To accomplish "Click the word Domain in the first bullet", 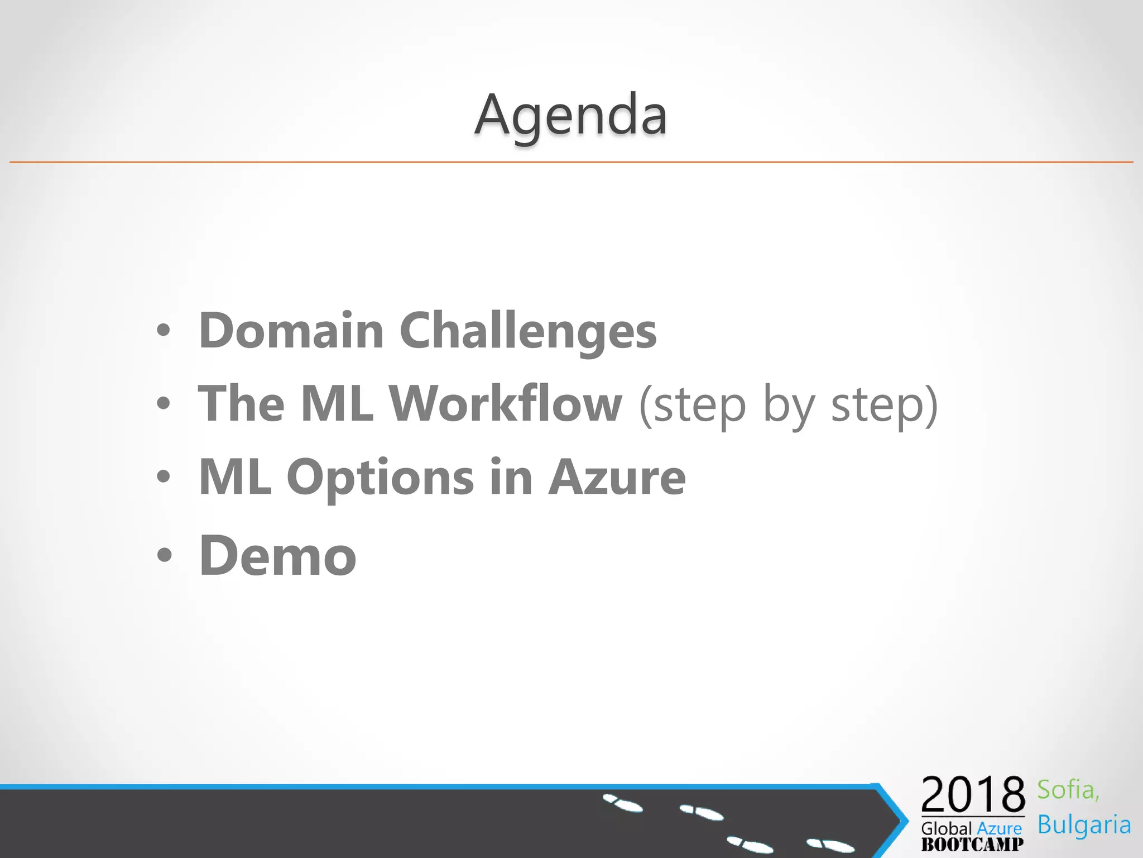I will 291,331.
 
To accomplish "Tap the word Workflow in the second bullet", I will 505,403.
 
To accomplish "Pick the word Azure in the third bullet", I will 617,477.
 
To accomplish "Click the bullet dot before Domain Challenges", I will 163,331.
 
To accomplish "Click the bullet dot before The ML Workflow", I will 163,403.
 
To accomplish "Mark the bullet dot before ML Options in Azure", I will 163,477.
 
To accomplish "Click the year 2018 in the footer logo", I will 973,794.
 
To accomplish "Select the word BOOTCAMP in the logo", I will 972,844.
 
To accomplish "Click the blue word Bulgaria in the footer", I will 1084,825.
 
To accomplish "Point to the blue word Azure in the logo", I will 999,828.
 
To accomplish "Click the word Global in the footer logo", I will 947,828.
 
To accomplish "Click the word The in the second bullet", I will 241,403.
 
